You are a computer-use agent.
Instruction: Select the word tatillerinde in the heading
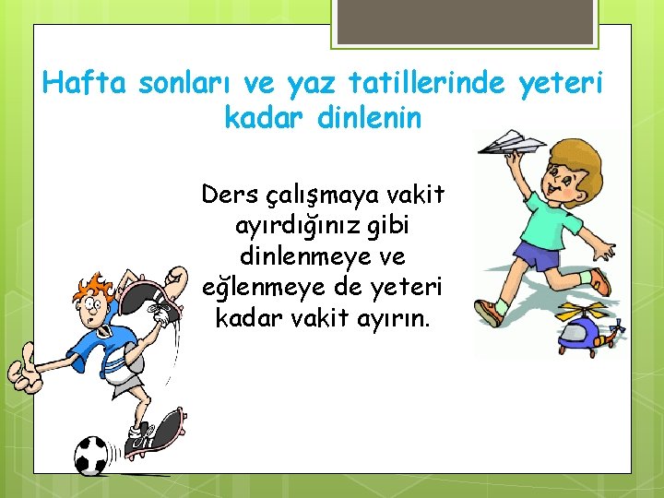(426, 84)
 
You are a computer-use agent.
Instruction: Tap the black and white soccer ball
(91, 455)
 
